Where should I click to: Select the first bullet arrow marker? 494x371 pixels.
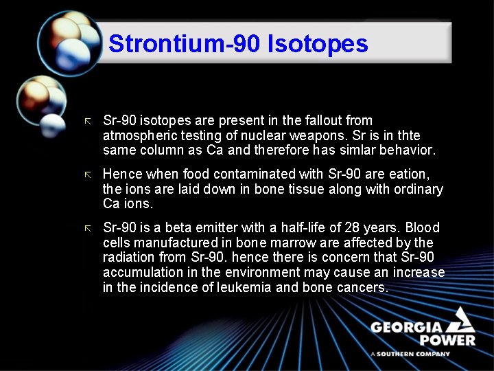pos(86,121)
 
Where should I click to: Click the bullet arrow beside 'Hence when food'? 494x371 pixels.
pos(86,175)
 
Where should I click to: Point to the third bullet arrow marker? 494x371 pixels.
pos(86,228)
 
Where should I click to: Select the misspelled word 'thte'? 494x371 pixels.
pos(408,135)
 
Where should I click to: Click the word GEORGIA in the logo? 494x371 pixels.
pos(405,327)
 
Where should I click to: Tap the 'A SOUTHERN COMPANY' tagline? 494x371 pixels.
pos(410,354)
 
